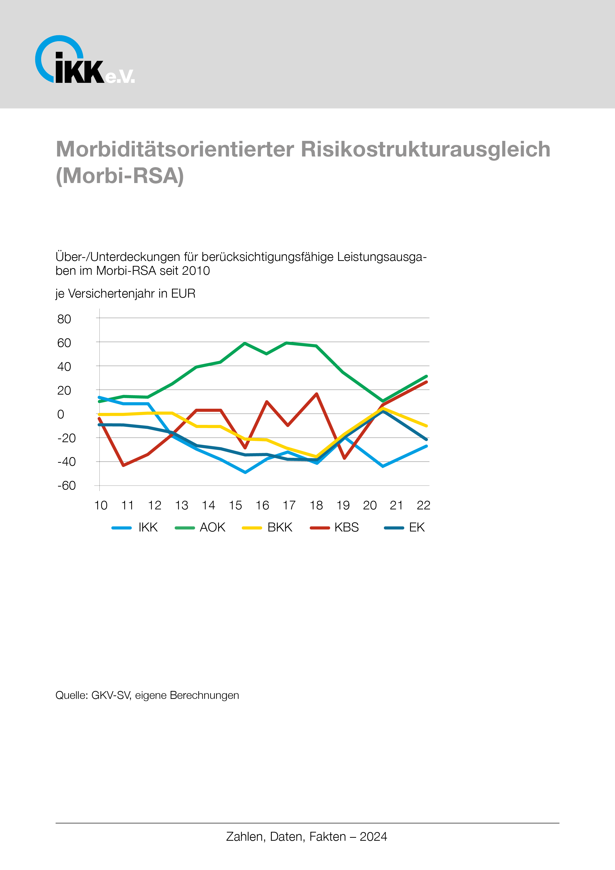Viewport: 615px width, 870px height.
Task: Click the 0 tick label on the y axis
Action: click(61, 414)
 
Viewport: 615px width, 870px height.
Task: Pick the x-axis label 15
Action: click(235, 505)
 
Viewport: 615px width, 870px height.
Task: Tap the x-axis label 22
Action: click(423, 505)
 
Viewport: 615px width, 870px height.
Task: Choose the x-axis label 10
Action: click(101, 505)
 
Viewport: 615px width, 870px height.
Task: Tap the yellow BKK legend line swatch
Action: click(252, 528)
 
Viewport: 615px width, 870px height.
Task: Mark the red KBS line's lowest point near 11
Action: click(123, 465)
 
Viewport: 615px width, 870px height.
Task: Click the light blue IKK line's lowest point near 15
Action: click(245, 472)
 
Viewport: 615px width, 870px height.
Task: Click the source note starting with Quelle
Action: click(147, 695)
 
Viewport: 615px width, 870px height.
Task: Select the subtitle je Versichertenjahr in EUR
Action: click(125, 293)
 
